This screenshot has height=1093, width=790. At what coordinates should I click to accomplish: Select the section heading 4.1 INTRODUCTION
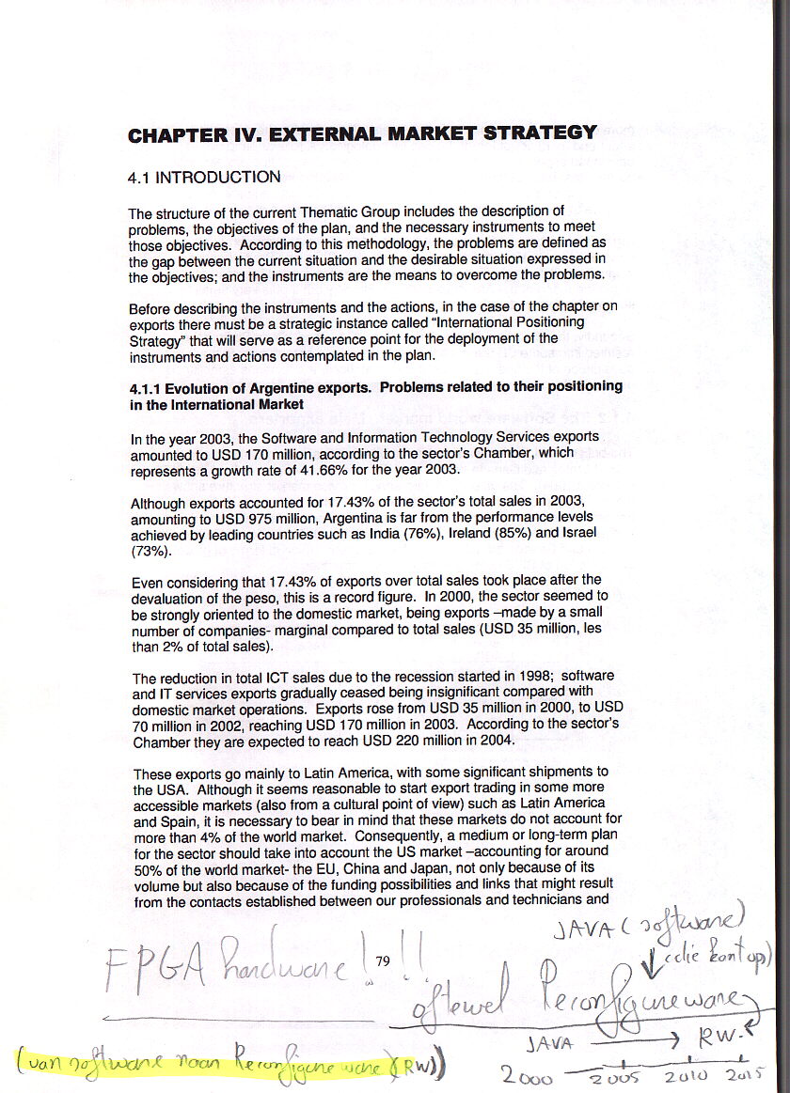point(204,178)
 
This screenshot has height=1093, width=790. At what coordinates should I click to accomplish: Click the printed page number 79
point(382,960)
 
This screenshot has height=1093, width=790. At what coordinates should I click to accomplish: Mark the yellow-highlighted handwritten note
point(226,1065)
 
